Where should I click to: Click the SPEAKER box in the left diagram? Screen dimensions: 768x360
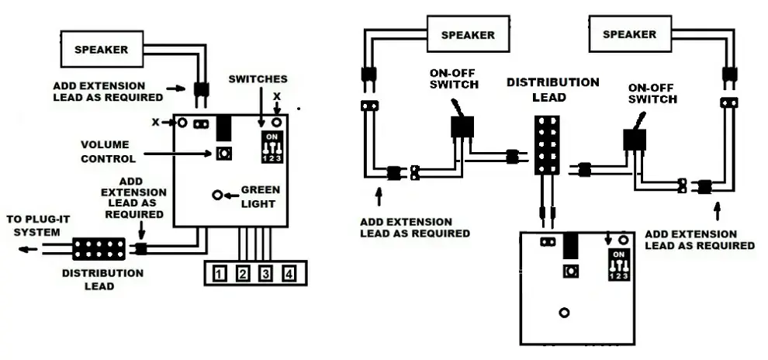[102, 49]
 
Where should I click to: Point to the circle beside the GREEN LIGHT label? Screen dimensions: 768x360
[218, 195]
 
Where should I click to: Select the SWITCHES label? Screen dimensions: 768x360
[258, 79]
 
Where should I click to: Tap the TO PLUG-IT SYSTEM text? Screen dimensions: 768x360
[38, 226]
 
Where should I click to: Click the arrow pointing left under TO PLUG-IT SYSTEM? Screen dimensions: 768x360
[28, 249]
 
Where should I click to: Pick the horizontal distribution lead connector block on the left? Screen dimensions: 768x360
[99, 249]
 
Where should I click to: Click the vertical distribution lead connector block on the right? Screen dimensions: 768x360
[547, 145]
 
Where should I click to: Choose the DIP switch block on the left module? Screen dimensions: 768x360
[272, 147]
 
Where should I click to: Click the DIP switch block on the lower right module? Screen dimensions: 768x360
[618, 265]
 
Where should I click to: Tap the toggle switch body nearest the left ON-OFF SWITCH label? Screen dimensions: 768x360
[462, 127]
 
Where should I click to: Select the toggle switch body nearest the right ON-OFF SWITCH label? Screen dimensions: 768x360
[635, 140]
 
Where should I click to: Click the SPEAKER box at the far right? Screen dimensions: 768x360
[630, 34]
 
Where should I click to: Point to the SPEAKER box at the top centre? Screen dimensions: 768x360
[469, 34]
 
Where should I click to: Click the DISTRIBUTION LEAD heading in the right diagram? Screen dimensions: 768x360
[553, 90]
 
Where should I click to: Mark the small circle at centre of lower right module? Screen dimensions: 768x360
[564, 313]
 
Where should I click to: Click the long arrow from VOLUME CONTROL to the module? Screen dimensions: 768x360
[178, 154]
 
